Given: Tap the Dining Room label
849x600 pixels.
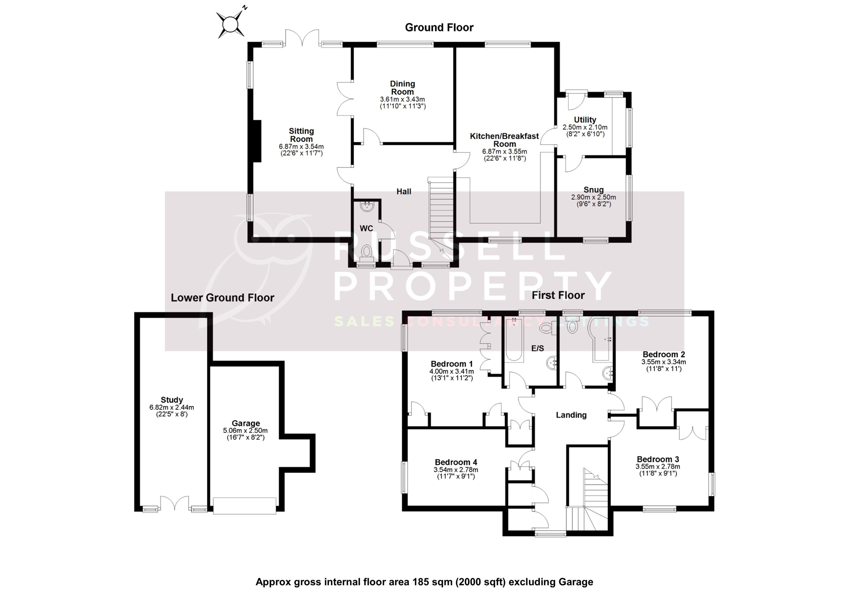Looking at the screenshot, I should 402,88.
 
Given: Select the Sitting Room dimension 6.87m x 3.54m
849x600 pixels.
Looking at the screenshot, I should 301,147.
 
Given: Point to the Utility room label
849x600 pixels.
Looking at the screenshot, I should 585,119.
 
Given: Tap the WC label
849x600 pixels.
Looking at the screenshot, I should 366,228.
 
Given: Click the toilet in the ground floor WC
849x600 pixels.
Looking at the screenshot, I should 367,253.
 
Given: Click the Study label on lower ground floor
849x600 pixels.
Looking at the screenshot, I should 171,400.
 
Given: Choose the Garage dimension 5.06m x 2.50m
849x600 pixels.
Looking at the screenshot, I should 245,430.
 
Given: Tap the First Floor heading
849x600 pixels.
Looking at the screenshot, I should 558,295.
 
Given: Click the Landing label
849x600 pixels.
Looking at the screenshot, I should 571,415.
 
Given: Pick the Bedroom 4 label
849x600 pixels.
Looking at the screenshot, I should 456,462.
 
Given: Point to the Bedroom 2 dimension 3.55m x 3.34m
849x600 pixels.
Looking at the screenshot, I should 663,362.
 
